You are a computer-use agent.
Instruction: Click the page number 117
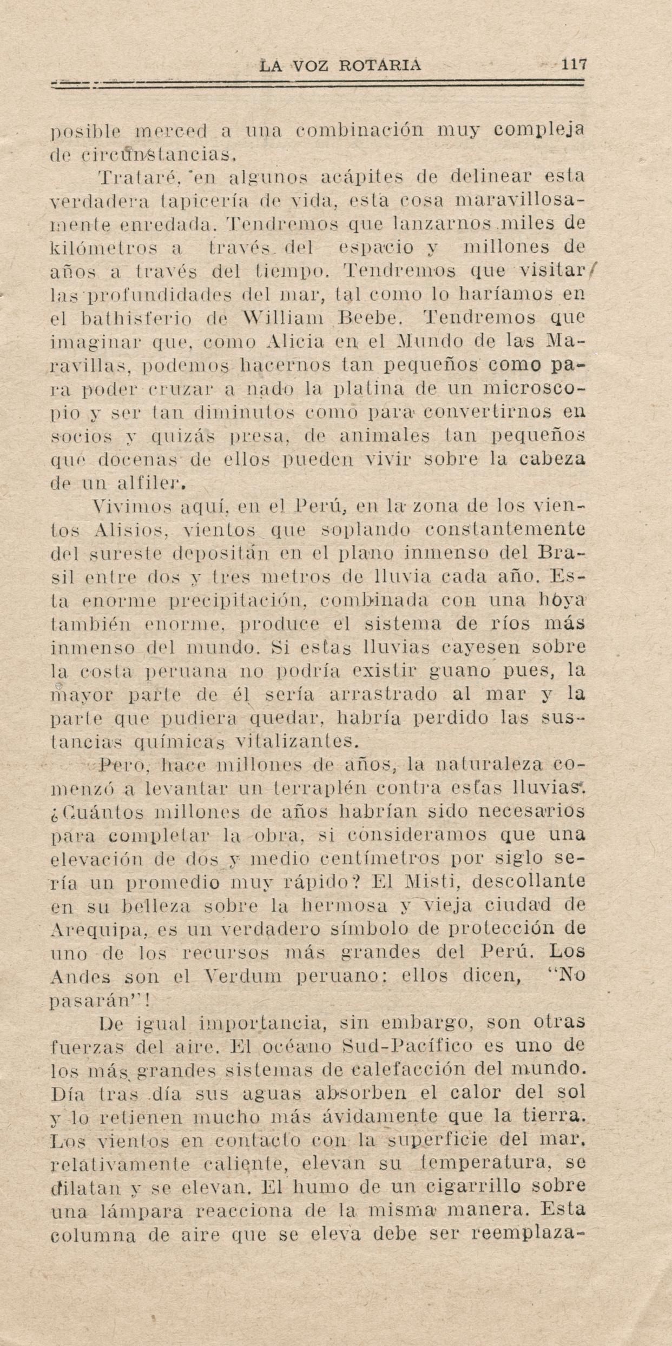pos(574,65)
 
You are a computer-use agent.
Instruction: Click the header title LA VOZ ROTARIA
pos(341,66)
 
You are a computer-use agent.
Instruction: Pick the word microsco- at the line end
pos(534,388)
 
